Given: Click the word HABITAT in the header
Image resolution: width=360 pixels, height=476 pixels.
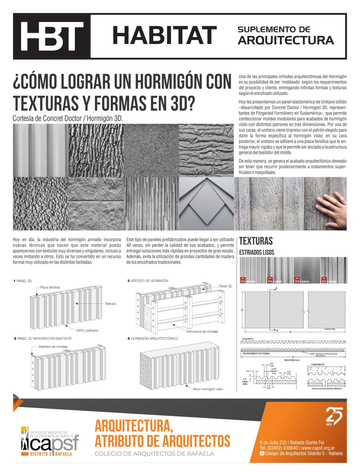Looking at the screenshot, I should (164, 36).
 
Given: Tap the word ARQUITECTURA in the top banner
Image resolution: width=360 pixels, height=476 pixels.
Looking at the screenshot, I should (286, 40).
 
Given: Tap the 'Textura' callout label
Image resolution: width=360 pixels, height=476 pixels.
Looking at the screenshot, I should (110, 304).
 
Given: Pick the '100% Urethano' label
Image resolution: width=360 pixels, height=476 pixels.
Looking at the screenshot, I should (87, 330).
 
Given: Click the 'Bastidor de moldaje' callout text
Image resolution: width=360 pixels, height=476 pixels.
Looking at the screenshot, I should (53, 346).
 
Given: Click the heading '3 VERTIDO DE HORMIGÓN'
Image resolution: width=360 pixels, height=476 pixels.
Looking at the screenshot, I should (148, 281).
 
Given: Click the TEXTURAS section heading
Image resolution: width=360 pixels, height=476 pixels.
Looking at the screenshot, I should (256, 241).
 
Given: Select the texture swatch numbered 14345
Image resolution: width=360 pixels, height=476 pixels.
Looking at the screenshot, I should (307, 270).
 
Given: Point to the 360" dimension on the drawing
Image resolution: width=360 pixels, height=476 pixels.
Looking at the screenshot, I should (279, 332).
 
